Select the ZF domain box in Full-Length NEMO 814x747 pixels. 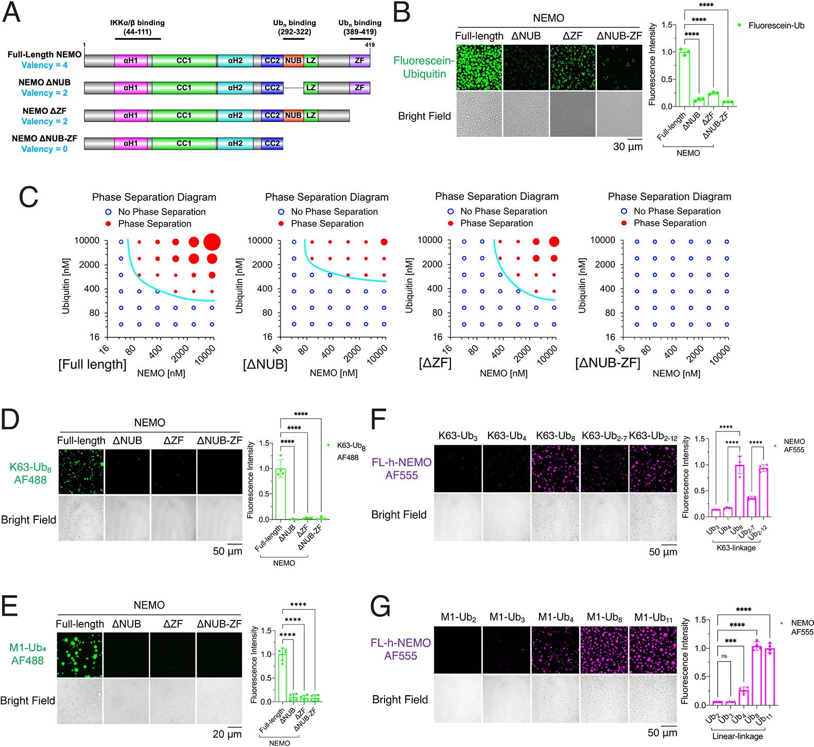coord(359,60)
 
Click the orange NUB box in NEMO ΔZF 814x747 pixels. coord(293,115)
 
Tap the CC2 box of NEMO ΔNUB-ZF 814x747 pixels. coord(272,143)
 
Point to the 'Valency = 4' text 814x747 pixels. coord(45,65)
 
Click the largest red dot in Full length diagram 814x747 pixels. coord(212,241)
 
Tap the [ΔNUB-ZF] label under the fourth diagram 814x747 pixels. coord(608,363)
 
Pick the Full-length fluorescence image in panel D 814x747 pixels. coord(81,470)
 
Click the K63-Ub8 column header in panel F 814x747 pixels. coord(555,436)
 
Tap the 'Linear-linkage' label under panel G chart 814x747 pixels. coord(737,736)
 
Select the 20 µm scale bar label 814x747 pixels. coord(227,734)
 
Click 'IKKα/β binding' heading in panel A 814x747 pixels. coord(137,23)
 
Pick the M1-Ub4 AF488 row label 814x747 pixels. coord(27,653)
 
